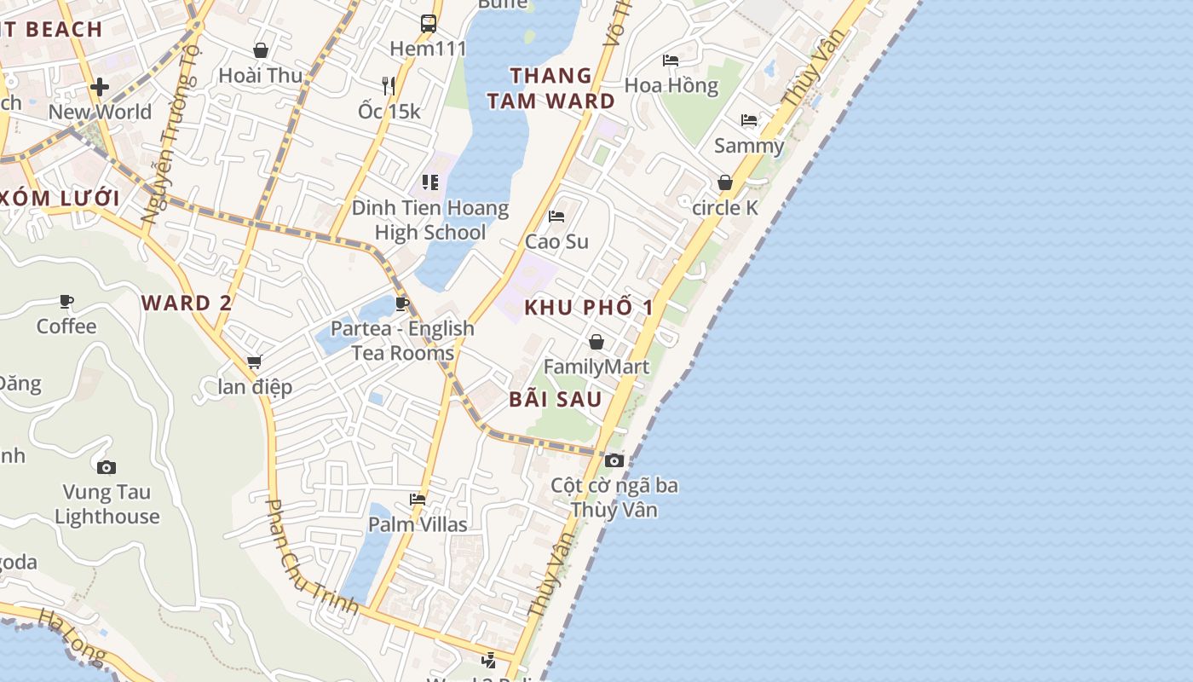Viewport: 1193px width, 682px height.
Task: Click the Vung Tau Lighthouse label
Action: [x=107, y=504]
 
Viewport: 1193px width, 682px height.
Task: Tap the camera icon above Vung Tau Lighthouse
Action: [x=107, y=467]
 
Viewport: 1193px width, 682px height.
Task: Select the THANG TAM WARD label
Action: [x=562, y=88]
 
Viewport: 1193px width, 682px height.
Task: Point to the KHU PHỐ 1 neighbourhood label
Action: [x=589, y=308]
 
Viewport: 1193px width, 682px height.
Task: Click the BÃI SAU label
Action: [x=556, y=399]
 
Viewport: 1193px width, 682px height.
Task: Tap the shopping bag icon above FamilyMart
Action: [x=596, y=342]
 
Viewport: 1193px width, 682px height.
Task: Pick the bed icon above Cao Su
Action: [x=556, y=217]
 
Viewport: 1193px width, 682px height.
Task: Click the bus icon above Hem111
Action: [x=429, y=24]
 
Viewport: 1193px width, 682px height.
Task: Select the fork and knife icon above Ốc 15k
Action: [x=389, y=85]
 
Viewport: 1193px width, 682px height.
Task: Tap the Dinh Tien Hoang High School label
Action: [x=430, y=220]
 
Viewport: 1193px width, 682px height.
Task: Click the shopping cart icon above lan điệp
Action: [x=254, y=362]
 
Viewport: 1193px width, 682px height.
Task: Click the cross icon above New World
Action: [x=100, y=87]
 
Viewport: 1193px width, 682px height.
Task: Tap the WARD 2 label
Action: [x=187, y=303]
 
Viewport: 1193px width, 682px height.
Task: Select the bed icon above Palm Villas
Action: [x=418, y=499]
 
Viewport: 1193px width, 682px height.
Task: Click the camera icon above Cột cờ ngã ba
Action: [x=614, y=461]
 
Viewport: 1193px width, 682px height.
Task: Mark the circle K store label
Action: [x=725, y=208]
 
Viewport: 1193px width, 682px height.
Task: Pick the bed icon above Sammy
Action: [x=749, y=120]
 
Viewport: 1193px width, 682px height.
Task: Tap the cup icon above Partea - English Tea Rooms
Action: [x=403, y=303]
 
